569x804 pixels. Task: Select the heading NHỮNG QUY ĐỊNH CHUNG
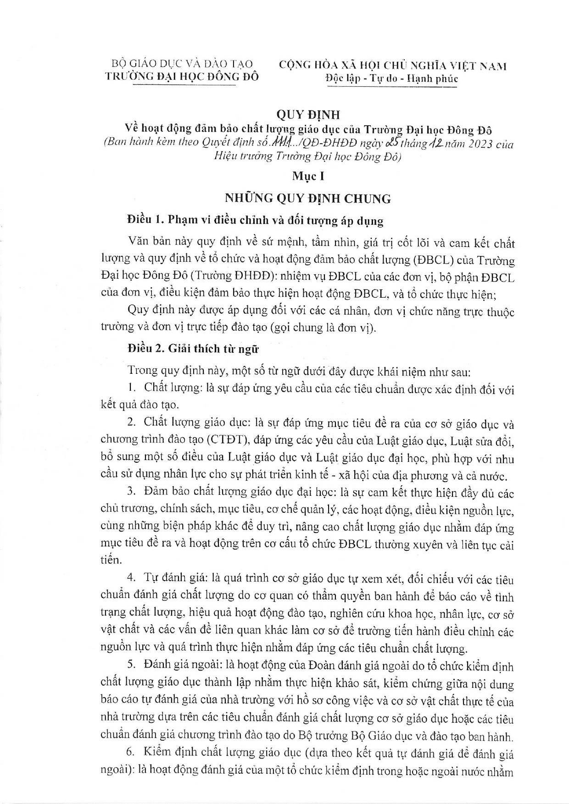307,199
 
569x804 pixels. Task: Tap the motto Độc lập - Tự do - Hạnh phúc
391,78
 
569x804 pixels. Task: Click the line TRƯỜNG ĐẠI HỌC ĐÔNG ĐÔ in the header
182,76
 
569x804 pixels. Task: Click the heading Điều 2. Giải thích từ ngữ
193,349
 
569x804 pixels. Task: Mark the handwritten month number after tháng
434,143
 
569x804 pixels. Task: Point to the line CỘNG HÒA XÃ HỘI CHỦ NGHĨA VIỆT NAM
393,66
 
